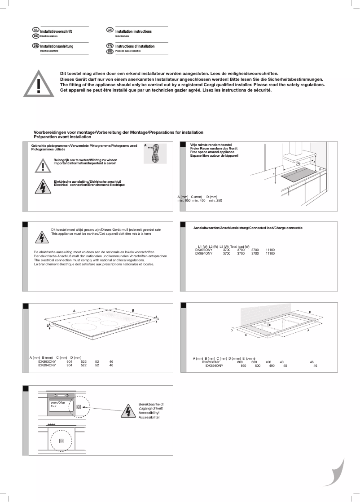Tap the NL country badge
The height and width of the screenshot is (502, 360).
pyautogui.click(x=36, y=30)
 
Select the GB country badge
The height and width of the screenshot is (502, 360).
pyautogui.click(x=110, y=30)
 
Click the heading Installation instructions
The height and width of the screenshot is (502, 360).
pyautogui.click(x=133, y=32)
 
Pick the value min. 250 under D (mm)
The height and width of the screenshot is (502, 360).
pyautogui.click(x=215, y=200)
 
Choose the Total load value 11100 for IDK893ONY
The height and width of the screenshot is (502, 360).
pyautogui.click(x=270, y=250)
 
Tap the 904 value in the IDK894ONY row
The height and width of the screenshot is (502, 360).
pyautogui.click(x=70, y=365)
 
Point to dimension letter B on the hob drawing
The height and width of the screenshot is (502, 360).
pyautogui.click(x=133, y=310)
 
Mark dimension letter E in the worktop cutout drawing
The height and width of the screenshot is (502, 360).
pyautogui.click(x=270, y=325)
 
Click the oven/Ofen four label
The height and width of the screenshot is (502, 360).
pyautogui.click(x=58, y=405)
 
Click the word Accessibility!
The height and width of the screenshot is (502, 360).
pyautogui.click(x=150, y=413)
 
